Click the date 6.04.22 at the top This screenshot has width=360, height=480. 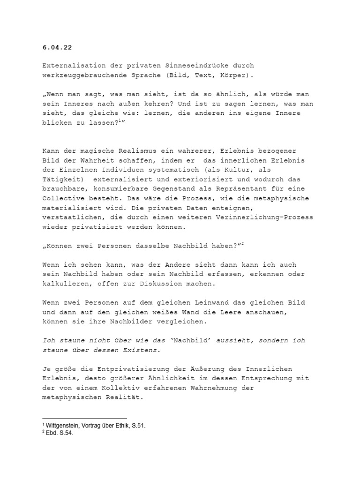(x=55, y=47)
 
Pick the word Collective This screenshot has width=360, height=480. (x=61, y=198)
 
